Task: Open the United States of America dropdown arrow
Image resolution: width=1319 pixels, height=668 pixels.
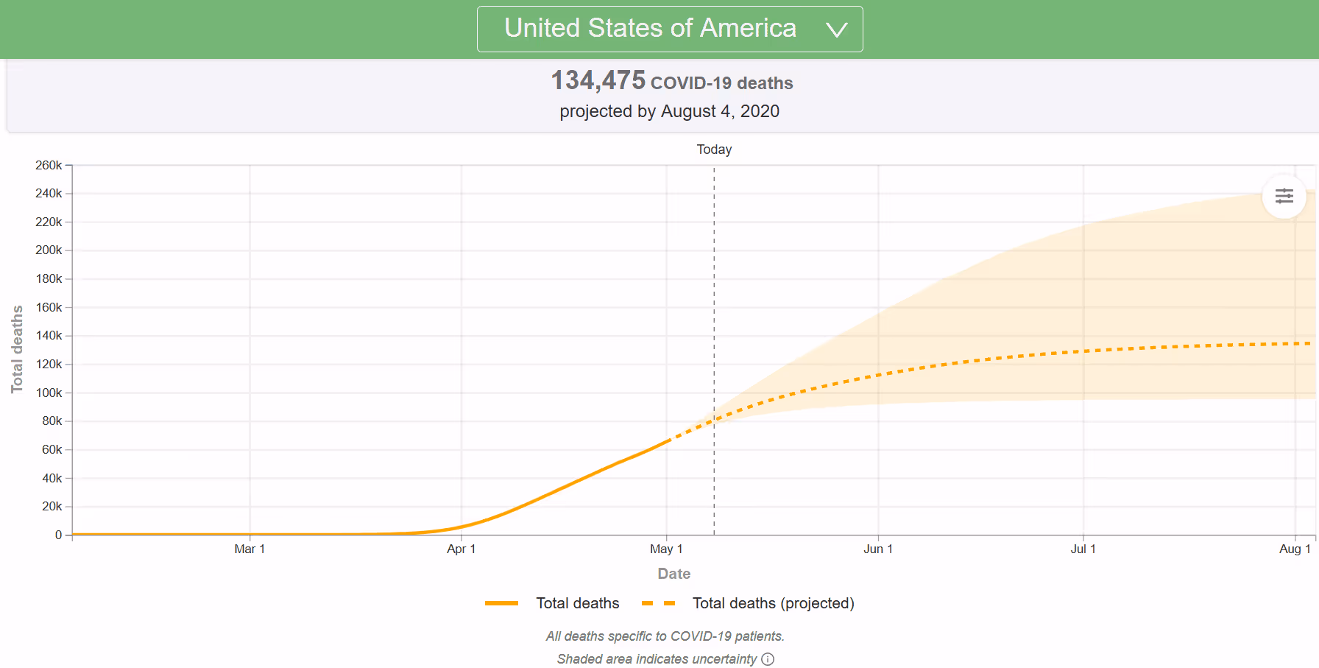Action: click(x=837, y=29)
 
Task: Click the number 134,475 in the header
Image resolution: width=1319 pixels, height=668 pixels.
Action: click(x=598, y=80)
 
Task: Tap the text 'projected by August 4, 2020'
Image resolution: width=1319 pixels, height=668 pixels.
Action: click(x=669, y=111)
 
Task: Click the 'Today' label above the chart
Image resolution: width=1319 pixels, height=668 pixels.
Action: click(x=714, y=150)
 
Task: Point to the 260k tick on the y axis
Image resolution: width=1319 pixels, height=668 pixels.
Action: click(x=49, y=166)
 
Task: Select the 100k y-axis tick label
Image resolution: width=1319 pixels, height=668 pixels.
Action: click(x=49, y=393)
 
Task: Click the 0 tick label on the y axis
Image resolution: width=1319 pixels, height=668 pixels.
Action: click(x=59, y=535)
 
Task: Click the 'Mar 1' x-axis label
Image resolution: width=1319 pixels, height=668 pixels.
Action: click(x=250, y=549)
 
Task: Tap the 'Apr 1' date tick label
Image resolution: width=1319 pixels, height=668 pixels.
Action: click(x=462, y=549)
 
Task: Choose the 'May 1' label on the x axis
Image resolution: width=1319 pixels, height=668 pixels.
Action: click(x=666, y=549)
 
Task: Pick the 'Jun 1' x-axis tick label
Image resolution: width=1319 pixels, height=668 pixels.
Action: click(x=878, y=549)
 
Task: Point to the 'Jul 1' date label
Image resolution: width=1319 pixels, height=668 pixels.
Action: click(x=1083, y=549)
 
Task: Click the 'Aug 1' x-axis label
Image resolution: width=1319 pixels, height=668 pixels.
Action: click(x=1295, y=549)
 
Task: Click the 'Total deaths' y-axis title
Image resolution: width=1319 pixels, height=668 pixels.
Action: click(x=17, y=349)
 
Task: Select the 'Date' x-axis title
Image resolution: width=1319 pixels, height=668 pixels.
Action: click(x=673, y=574)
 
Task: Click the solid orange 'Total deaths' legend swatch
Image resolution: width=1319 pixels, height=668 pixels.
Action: click(x=501, y=603)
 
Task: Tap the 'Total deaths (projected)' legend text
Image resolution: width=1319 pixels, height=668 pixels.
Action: click(x=773, y=603)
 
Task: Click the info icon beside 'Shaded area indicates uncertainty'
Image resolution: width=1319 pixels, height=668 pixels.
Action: click(x=768, y=659)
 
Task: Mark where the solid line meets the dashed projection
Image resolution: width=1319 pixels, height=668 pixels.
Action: click(x=668, y=440)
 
